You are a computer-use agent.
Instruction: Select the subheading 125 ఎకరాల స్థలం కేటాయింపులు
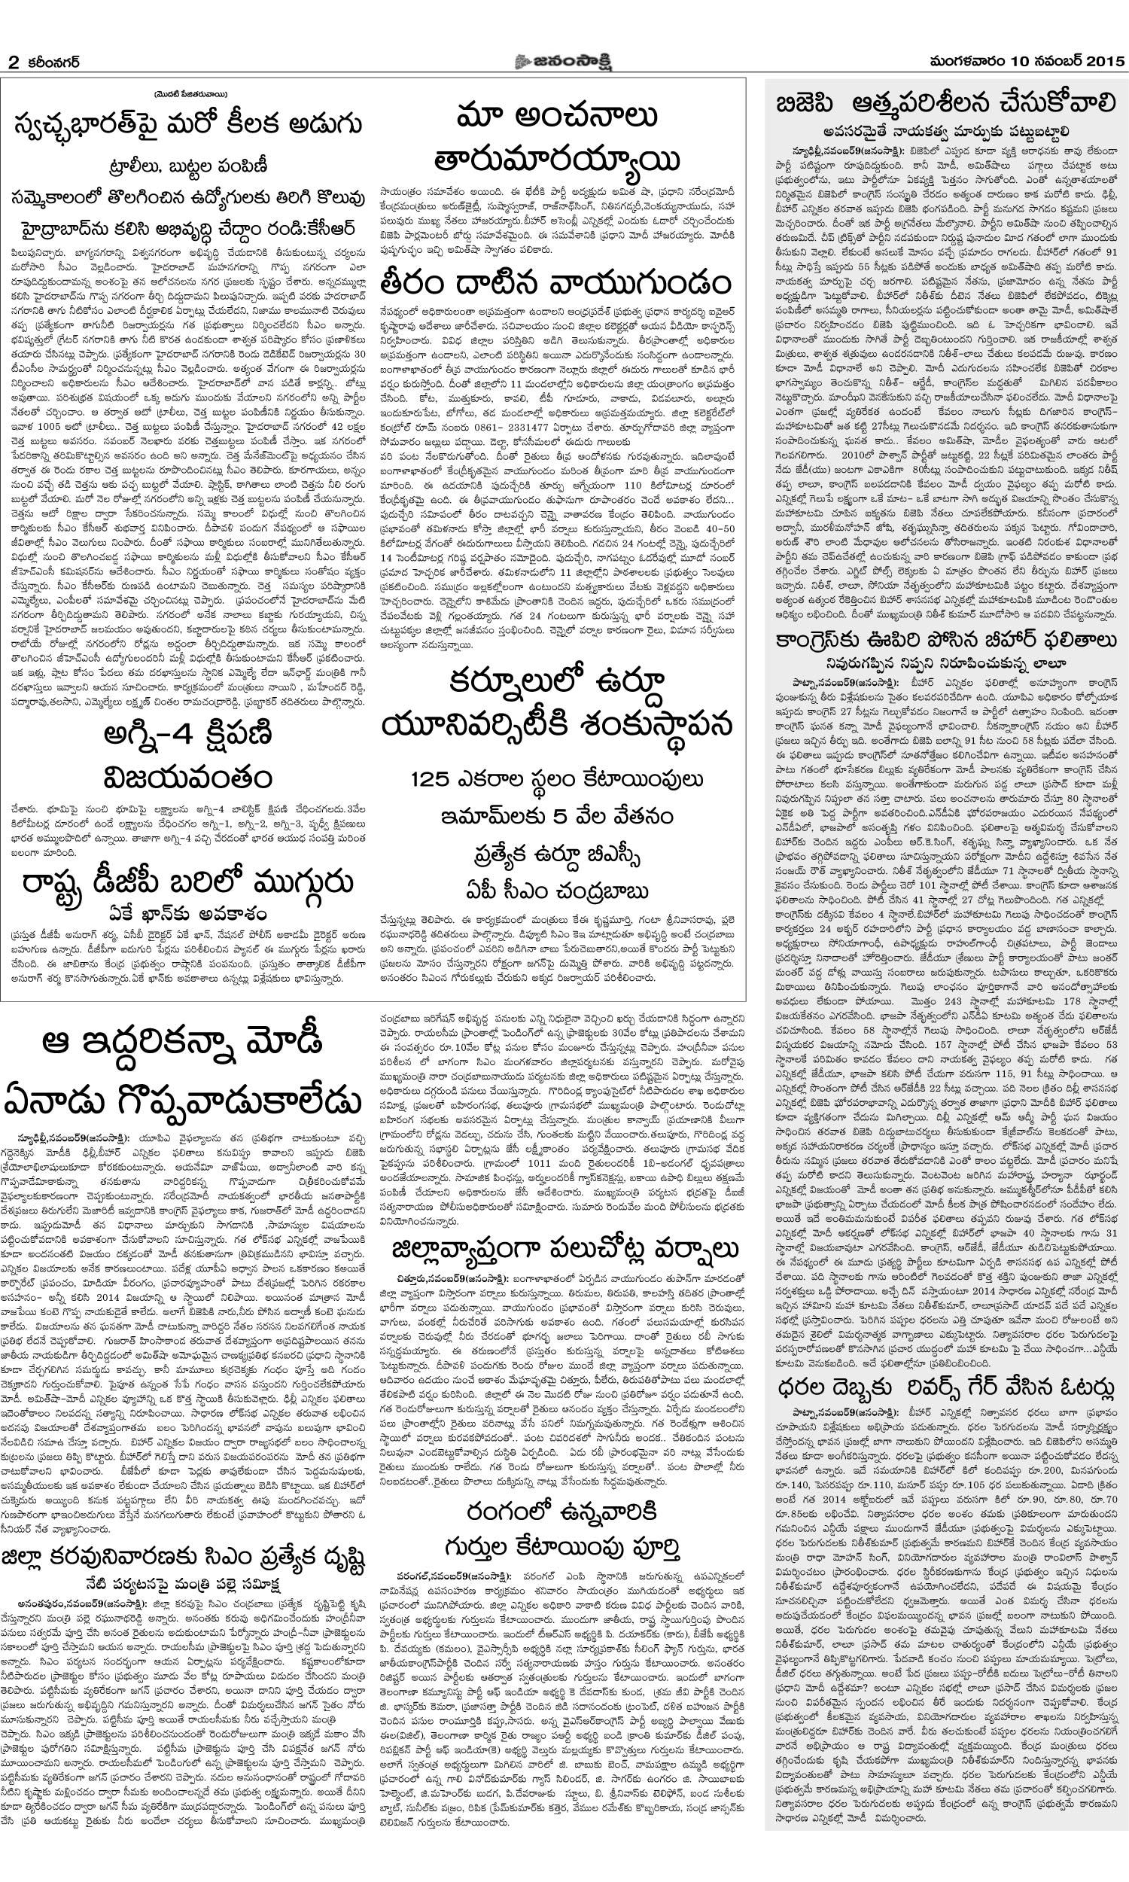557,781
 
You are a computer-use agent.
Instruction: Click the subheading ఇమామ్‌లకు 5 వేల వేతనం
557,816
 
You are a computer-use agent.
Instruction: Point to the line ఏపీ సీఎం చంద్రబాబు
557,891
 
